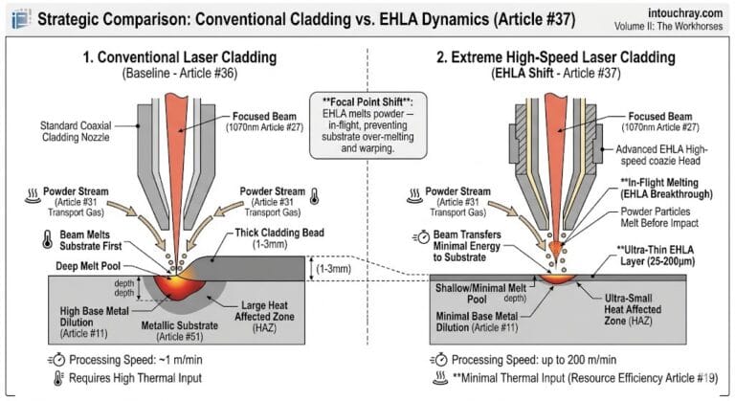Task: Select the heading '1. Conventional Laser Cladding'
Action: (x=181, y=56)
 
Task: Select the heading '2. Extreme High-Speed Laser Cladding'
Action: (x=550, y=56)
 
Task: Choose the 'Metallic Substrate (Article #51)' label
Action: (x=168, y=330)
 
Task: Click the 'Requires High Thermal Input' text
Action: (x=130, y=379)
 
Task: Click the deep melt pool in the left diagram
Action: (x=179, y=284)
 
